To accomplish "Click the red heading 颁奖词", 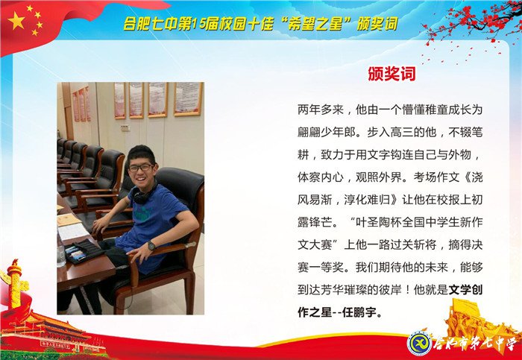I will (391, 75).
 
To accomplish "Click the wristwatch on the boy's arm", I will (151, 246).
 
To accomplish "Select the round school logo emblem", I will (419, 344).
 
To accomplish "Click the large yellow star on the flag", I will (17, 20).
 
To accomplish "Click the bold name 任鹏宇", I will (362, 314).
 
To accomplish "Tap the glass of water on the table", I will (61, 256).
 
